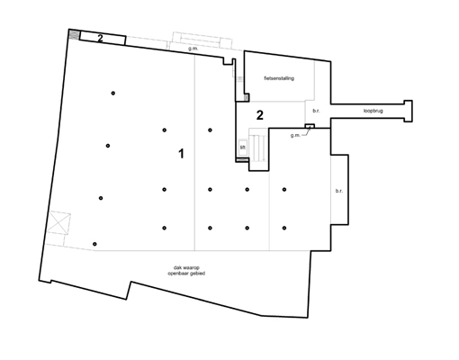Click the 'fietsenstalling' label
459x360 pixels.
click(x=279, y=78)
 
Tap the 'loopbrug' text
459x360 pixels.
click(x=373, y=111)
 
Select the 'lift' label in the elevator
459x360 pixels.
click(x=243, y=148)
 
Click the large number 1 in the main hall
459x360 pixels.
click(x=181, y=154)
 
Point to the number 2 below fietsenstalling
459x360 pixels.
click(x=260, y=115)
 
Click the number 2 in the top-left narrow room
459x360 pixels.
click(x=100, y=38)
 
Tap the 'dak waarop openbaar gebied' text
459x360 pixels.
click(x=186, y=270)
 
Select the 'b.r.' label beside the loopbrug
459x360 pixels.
click(x=316, y=111)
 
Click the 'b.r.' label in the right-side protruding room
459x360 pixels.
click(x=339, y=191)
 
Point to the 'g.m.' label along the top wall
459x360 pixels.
click(x=193, y=49)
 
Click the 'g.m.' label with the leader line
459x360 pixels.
click(x=295, y=135)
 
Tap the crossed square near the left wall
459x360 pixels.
click(x=59, y=222)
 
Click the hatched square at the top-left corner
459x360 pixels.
click(x=74, y=34)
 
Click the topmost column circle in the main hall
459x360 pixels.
click(x=113, y=93)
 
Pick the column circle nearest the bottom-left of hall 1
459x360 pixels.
click(x=94, y=244)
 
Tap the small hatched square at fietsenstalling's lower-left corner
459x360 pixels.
click(x=246, y=97)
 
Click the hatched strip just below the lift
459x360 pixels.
click(x=242, y=159)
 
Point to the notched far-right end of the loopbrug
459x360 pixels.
click(x=408, y=111)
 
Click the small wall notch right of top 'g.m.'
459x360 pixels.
click(x=228, y=61)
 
